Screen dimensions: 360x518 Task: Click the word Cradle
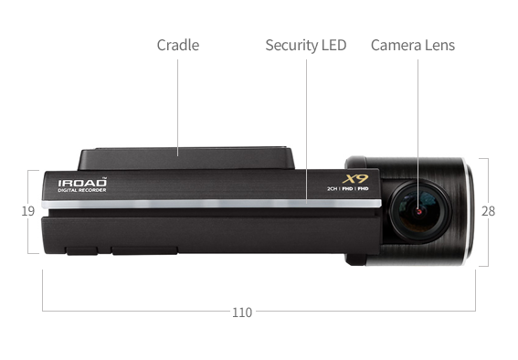coord(177,45)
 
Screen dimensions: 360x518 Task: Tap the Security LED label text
coord(305,45)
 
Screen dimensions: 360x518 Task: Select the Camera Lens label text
coord(412,45)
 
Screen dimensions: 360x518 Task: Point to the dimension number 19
coord(27,211)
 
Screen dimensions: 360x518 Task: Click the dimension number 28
coord(488,211)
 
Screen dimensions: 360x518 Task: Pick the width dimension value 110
coord(241,312)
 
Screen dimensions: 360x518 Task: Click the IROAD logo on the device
coord(82,183)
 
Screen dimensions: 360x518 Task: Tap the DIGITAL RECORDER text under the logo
coord(82,192)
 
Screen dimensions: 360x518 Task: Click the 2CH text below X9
coord(333,189)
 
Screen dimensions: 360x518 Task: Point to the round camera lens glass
coord(418,211)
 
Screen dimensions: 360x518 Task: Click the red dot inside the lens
coord(418,211)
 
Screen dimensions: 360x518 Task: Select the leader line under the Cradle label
coord(177,101)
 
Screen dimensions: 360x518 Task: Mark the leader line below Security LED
coord(306,128)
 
